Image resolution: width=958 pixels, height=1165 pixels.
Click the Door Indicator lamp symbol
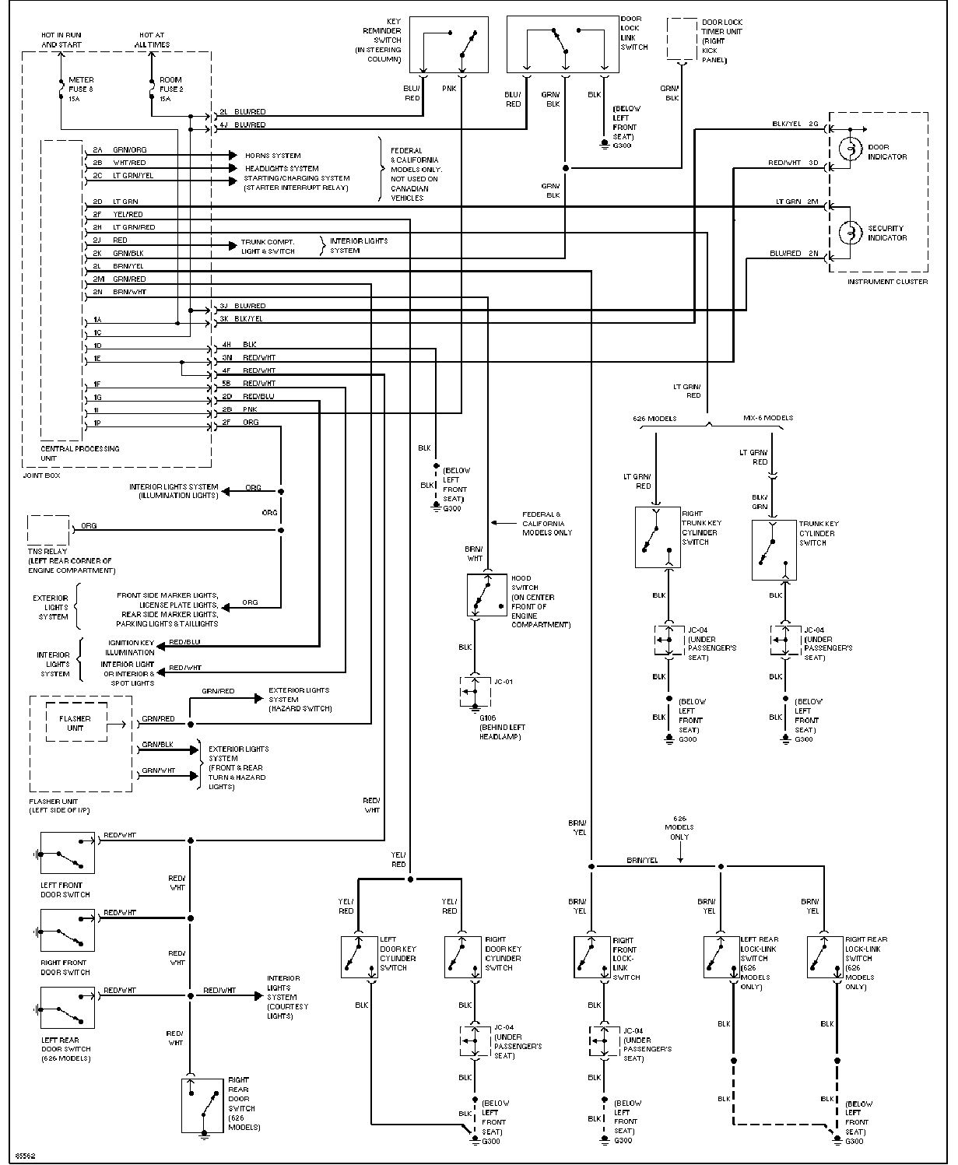[851, 149]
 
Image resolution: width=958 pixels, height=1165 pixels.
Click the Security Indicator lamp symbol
[851, 233]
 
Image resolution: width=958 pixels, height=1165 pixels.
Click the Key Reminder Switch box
[448, 44]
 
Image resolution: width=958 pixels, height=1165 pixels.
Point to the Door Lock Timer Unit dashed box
[682, 39]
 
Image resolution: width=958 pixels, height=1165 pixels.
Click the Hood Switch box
[486, 595]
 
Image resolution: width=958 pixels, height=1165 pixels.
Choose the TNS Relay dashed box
[48, 530]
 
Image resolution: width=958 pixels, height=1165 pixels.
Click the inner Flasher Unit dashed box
[76, 722]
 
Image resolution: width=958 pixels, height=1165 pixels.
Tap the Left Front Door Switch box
[68, 853]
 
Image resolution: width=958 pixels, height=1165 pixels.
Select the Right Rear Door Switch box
[203, 1106]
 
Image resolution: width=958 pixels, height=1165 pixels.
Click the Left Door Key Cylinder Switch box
[359, 957]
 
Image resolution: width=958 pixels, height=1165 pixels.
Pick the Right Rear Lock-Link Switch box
[826, 957]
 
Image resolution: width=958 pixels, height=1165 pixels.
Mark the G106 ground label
[487, 718]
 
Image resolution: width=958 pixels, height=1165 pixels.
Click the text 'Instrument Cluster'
[887, 282]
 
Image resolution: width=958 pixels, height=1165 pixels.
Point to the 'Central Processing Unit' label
[79, 454]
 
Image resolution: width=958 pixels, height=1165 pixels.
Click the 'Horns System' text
[273, 156]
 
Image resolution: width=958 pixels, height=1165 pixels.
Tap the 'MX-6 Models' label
[768, 418]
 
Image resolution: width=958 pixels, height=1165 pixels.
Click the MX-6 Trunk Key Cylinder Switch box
[774, 550]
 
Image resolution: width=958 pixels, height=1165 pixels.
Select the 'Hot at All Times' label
[152, 40]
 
